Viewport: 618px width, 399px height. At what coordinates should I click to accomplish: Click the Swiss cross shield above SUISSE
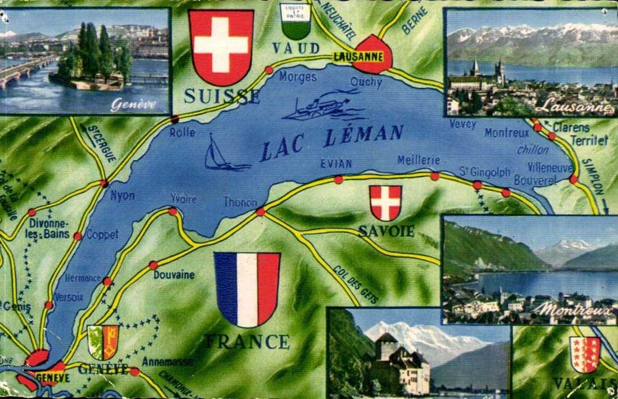221,46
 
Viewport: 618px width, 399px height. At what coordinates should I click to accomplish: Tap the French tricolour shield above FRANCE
247,288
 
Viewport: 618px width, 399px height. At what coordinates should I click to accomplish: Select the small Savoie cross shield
385,202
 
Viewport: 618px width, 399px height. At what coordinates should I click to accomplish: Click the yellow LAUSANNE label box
357,57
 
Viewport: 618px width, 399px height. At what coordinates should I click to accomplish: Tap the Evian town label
336,164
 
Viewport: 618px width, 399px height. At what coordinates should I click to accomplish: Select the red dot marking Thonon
260,212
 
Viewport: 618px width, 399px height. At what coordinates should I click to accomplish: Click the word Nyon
122,196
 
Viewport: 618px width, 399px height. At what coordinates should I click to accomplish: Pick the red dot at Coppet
78,236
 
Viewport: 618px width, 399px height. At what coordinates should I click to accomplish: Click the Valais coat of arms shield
585,354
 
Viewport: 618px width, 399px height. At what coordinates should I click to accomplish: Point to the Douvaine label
174,275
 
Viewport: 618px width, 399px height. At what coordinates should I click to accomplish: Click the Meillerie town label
418,160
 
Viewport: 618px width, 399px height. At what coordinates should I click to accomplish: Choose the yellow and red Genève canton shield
103,342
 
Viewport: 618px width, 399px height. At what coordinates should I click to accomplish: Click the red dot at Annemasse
134,371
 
